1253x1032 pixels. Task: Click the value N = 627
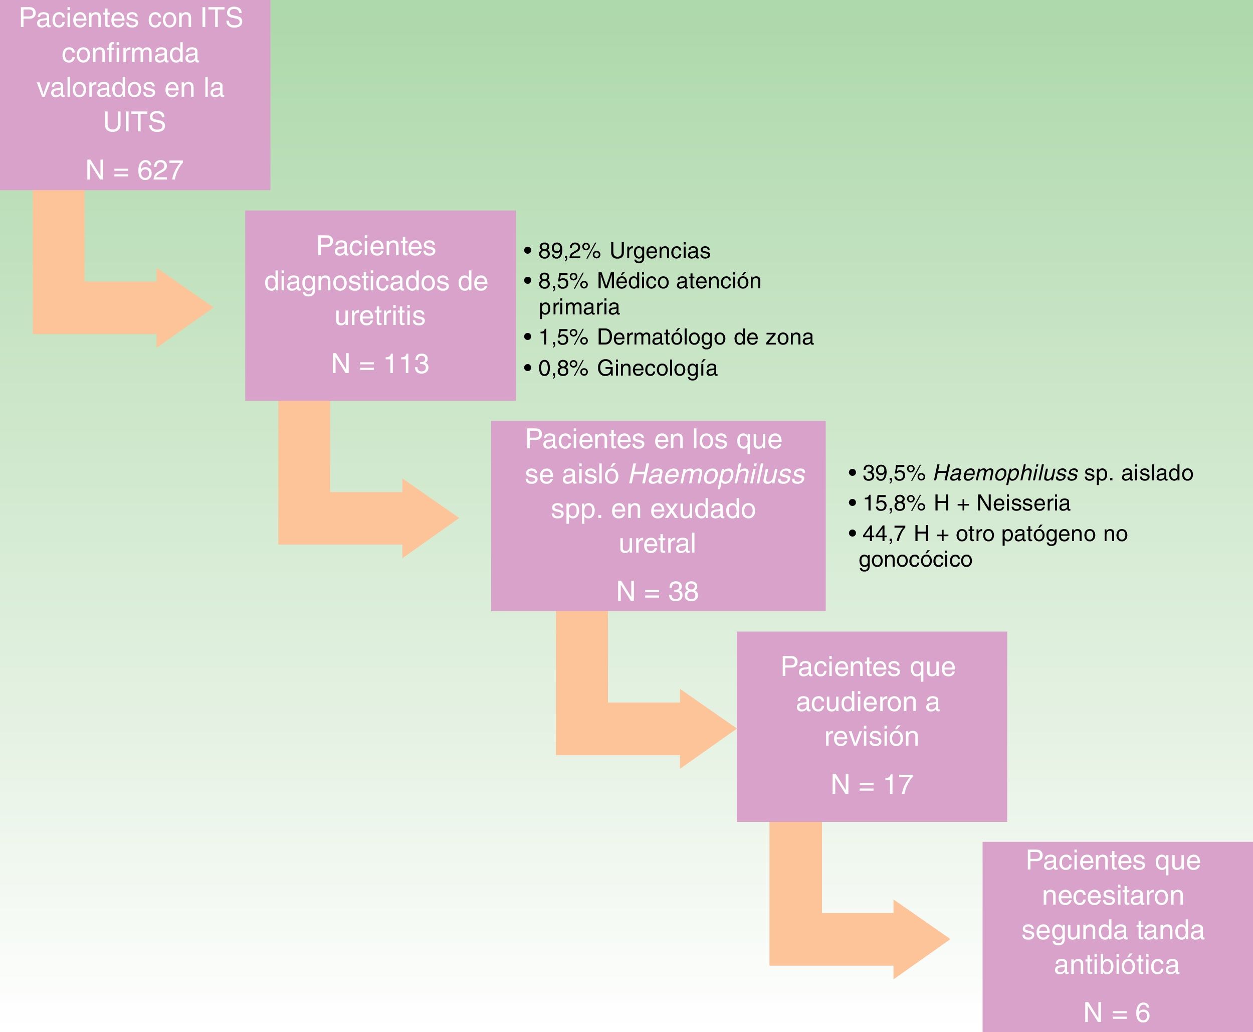tap(134, 170)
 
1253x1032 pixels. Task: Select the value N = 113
tap(380, 364)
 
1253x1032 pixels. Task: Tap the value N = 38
tap(657, 592)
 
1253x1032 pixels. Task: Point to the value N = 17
tap(872, 785)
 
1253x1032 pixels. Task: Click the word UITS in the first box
tap(134, 122)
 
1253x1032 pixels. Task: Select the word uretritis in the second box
tap(380, 315)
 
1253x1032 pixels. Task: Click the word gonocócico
tap(916, 560)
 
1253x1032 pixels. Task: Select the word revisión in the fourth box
tap(872, 737)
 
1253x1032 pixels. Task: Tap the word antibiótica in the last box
tap(1116, 964)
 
